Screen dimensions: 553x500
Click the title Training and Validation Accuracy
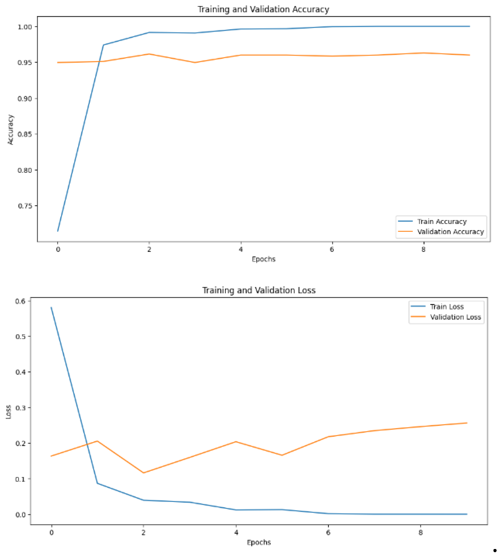point(263,9)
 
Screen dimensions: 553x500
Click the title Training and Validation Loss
point(259,290)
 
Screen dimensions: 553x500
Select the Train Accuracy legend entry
point(442,221)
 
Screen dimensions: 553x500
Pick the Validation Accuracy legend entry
point(450,232)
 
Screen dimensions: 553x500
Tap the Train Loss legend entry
point(447,306)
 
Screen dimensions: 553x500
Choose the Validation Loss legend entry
point(455,317)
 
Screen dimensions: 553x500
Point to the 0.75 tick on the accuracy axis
point(25,206)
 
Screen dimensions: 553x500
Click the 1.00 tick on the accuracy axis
point(25,27)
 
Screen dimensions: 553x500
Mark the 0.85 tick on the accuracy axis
point(25,134)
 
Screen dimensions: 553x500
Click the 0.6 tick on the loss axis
point(20,301)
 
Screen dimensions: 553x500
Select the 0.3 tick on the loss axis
point(20,408)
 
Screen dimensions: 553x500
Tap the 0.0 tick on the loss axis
point(20,515)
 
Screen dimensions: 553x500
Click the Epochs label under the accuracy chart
point(264,259)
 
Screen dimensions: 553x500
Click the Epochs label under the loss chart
point(259,542)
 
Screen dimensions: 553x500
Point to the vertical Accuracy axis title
point(11,130)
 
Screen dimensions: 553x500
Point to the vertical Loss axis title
point(8,411)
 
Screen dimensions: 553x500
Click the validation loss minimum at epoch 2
point(144,473)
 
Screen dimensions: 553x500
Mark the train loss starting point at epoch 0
point(51,307)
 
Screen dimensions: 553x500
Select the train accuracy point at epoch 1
point(103,45)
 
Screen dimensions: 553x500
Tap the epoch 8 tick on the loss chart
point(420,533)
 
